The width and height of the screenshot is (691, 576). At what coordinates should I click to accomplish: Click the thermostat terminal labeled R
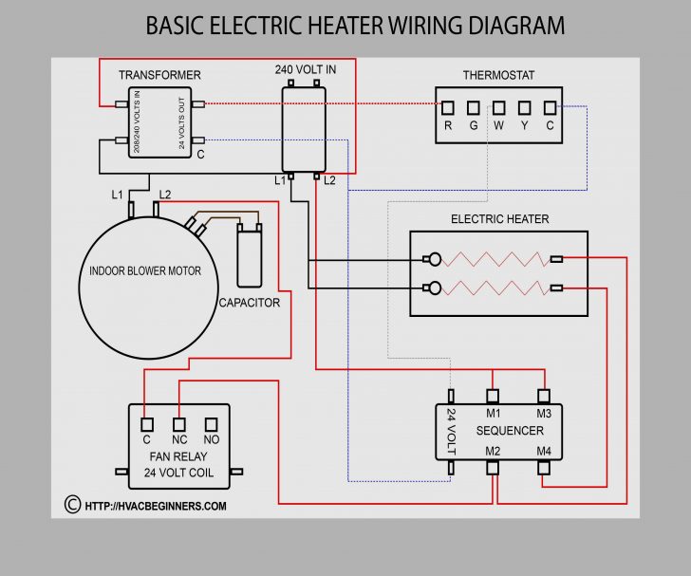click(x=448, y=107)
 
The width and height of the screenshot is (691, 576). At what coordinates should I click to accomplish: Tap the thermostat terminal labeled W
click(x=499, y=107)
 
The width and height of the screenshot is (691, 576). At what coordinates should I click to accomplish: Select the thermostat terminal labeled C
click(x=550, y=107)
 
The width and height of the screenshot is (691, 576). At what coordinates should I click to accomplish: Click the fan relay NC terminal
click(x=178, y=423)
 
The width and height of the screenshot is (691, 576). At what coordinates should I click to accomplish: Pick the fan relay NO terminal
click(x=212, y=423)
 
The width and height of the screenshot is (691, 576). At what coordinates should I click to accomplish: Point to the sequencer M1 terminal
click(x=493, y=397)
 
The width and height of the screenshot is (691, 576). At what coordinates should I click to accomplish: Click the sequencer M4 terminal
click(x=544, y=467)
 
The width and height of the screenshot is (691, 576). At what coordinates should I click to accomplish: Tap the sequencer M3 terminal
click(x=544, y=397)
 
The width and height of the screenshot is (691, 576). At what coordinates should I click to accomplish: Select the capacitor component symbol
click(x=250, y=253)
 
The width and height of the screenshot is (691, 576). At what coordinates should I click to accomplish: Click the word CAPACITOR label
click(x=249, y=303)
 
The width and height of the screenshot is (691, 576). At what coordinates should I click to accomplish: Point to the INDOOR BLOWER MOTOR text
click(x=145, y=271)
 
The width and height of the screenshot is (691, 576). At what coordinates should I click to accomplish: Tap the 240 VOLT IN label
click(x=304, y=70)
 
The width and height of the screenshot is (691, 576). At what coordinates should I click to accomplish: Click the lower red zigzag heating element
click(x=494, y=288)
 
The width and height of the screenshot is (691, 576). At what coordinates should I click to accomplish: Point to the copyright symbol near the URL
click(x=72, y=505)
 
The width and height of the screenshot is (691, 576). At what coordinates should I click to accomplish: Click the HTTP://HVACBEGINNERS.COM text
click(x=156, y=506)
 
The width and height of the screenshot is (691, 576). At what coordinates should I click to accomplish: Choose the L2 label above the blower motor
click(x=164, y=195)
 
